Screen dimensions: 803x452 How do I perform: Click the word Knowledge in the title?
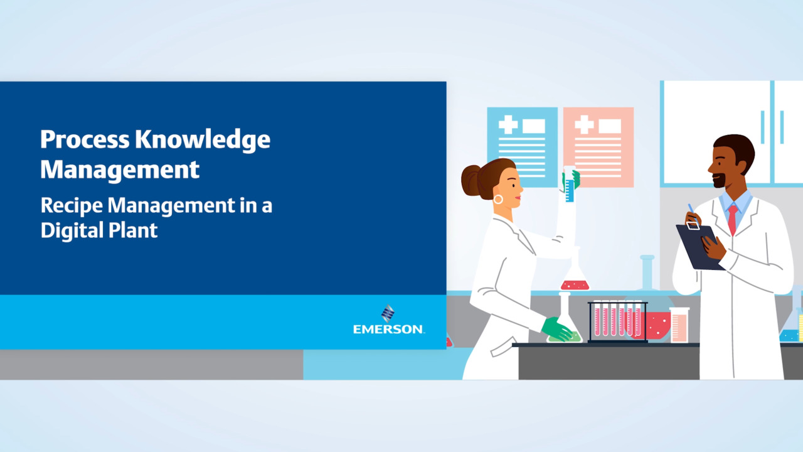(x=203, y=140)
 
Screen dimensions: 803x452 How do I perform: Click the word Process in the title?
(x=85, y=140)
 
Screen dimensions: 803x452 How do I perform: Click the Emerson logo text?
(x=388, y=330)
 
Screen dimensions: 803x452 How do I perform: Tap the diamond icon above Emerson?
(x=388, y=313)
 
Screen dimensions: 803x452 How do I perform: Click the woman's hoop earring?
(x=498, y=199)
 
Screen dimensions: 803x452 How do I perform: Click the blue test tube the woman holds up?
(x=569, y=184)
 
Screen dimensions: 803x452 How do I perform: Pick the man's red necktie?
(x=732, y=220)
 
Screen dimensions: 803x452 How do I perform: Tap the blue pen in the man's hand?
(x=692, y=211)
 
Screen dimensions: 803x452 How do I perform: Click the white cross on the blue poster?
(x=508, y=125)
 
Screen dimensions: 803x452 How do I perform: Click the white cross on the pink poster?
(x=584, y=125)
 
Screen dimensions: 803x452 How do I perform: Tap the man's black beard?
(x=720, y=181)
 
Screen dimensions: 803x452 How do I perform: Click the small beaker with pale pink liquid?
(x=679, y=325)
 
